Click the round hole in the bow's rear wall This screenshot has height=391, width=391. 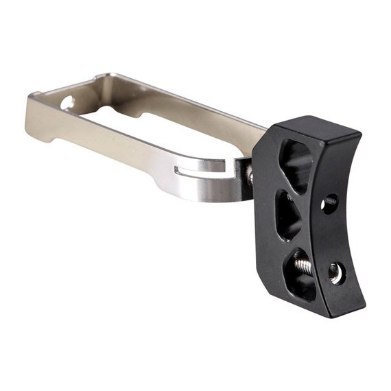67,103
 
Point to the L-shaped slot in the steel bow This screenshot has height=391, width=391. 199,167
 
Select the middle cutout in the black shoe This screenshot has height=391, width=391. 289,213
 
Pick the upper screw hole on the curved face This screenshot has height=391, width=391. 330,203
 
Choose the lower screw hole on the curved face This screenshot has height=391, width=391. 336,272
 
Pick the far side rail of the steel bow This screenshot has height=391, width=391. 185,103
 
